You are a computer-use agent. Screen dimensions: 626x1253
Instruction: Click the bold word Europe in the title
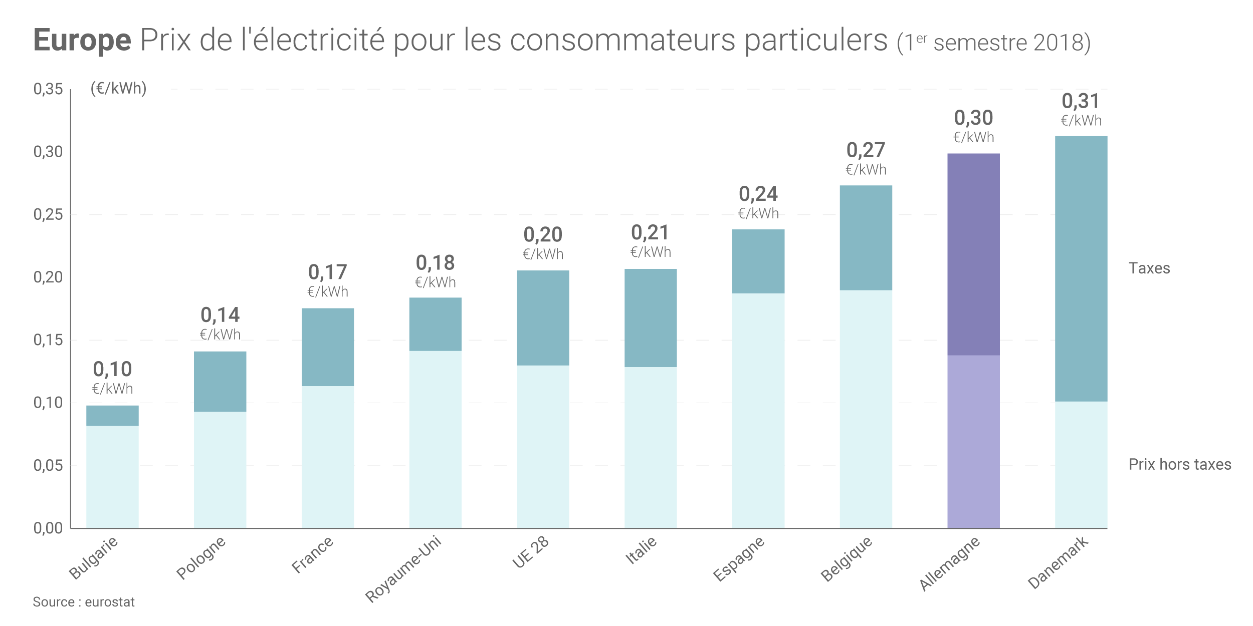point(82,40)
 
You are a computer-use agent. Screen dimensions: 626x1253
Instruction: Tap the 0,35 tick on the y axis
point(48,89)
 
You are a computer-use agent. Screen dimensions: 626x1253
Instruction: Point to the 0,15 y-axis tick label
point(48,340)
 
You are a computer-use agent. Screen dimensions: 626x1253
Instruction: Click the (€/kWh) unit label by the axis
point(118,88)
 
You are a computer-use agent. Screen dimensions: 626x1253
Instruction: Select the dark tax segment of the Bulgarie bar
point(112,416)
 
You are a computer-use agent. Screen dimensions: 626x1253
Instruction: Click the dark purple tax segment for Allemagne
point(973,254)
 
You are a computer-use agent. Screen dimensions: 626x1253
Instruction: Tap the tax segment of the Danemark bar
point(1081,268)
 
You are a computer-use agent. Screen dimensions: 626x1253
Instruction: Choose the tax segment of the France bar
point(328,347)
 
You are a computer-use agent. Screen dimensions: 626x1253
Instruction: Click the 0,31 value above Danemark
point(1081,101)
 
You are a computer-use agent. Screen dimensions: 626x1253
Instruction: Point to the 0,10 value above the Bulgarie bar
point(112,370)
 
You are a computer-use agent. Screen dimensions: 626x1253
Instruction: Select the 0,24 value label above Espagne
point(758,194)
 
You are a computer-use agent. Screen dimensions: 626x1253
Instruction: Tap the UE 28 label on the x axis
point(530,552)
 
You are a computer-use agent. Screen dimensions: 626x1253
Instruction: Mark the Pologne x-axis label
point(201,557)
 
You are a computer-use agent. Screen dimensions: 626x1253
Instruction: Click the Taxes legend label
point(1149,268)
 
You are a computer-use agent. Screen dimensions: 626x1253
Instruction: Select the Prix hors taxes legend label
point(1180,464)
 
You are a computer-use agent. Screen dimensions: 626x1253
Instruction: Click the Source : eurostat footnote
point(84,602)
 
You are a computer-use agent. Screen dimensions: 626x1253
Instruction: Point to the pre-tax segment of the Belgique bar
point(866,409)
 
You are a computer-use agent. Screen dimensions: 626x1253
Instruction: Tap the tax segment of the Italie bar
point(651,318)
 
